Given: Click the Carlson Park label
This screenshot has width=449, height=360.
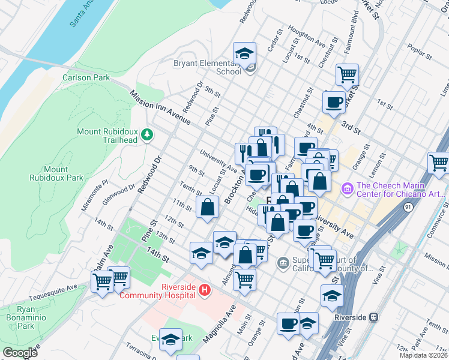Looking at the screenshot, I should [x=86, y=77].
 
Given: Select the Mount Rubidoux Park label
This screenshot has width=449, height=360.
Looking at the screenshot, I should [x=55, y=173].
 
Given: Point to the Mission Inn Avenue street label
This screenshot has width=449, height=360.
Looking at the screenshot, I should [x=160, y=108].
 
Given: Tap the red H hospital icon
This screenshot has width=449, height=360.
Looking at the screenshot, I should [x=205, y=290].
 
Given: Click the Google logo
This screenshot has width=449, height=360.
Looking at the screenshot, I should [x=20, y=353].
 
